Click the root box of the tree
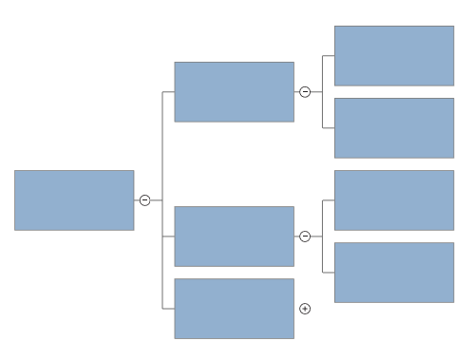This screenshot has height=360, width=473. [x=74, y=199]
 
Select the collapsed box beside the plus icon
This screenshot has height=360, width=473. [x=234, y=308]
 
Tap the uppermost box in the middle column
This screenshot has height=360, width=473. [x=234, y=91]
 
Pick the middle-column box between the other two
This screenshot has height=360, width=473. [x=234, y=236]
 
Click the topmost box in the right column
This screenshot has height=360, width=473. [x=393, y=55]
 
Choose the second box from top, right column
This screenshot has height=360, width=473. [x=393, y=127]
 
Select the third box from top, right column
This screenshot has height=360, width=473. [x=393, y=199]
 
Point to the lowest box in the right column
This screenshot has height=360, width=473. [x=393, y=272]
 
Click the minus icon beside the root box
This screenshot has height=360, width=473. [x=144, y=199]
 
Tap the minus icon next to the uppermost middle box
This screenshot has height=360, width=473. [x=305, y=92]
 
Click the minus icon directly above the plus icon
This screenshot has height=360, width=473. [x=305, y=237]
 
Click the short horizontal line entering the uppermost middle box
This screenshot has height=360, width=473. [x=168, y=92]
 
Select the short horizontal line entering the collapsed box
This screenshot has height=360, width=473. [x=168, y=309]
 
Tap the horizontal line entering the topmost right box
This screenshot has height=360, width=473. [x=329, y=56]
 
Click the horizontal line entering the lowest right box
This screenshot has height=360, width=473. [x=329, y=273]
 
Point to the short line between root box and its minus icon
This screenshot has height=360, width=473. [x=137, y=199]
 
